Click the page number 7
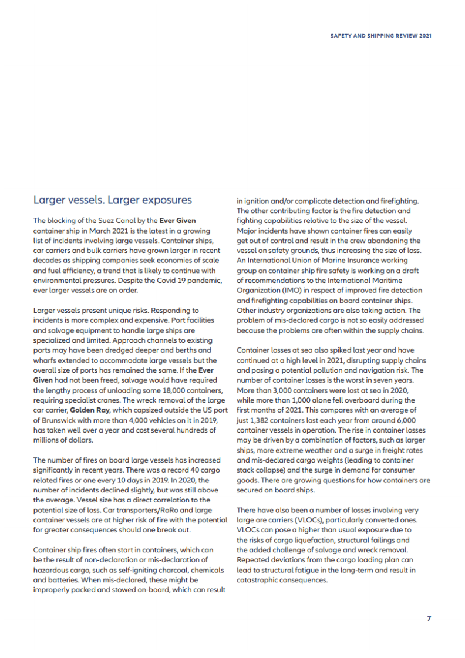point(429,618)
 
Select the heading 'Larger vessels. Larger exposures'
point(113,200)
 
